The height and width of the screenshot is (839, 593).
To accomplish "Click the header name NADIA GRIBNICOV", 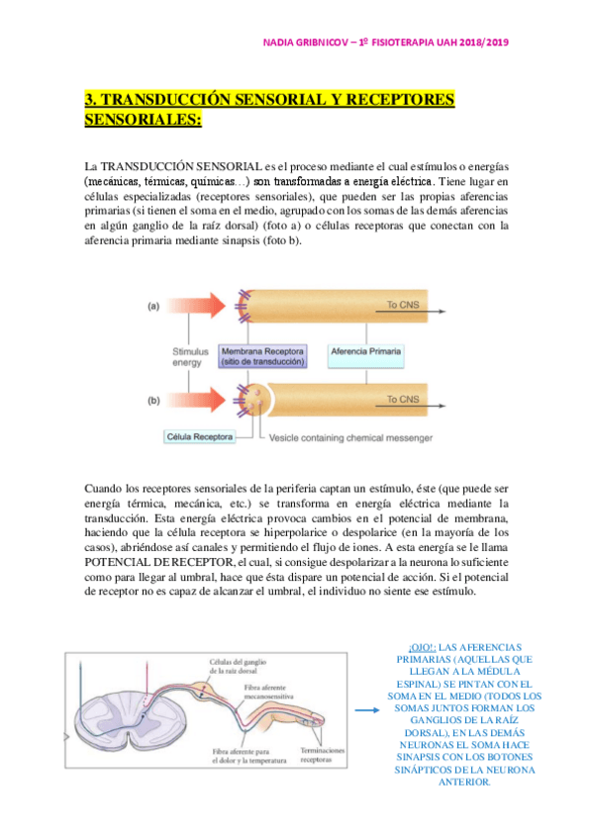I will (311, 42).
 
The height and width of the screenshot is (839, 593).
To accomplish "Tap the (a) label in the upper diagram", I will (153, 307).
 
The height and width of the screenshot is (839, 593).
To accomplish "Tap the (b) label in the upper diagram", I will (153, 400).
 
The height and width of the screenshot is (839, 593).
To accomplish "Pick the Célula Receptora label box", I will (201, 435).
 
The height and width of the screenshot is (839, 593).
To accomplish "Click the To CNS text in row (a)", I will (404, 306).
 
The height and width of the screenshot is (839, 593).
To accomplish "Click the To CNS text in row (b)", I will (404, 399).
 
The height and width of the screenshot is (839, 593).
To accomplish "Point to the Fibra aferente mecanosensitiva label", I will (293, 686).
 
